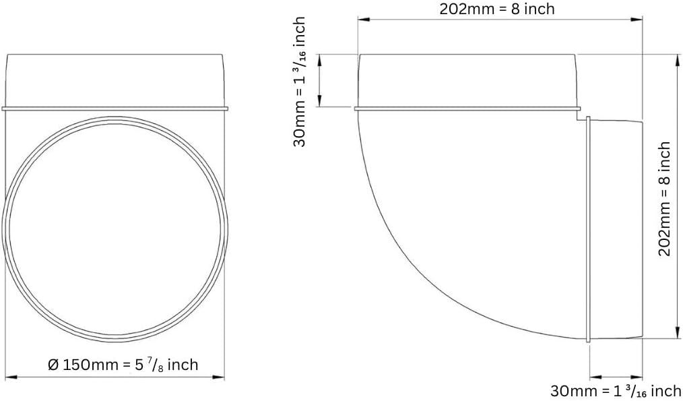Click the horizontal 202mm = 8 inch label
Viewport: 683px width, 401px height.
497,9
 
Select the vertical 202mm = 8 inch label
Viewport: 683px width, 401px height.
665,199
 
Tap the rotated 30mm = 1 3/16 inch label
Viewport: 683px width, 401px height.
300,82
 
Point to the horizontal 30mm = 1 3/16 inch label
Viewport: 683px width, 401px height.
616,390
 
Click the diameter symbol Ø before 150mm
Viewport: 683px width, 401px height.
53,365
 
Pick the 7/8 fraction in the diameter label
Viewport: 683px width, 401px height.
157,364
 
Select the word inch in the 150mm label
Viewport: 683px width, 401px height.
183,364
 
